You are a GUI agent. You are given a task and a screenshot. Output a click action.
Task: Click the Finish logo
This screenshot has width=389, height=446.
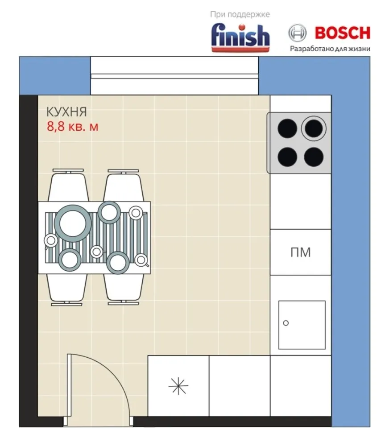(x=240, y=38)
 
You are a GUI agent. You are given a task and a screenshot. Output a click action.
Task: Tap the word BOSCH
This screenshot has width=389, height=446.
(x=342, y=33)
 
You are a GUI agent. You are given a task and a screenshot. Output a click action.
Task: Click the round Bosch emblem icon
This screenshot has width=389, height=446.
(x=298, y=33)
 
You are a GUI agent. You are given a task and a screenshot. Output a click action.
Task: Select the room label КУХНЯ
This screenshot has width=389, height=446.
(x=66, y=112)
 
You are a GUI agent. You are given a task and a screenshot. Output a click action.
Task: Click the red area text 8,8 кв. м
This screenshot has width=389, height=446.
(x=73, y=127)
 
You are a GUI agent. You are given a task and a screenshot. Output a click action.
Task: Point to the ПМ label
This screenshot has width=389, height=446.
(x=301, y=252)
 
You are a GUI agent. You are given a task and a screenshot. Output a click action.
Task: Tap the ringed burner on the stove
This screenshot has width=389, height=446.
(x=314, y=128)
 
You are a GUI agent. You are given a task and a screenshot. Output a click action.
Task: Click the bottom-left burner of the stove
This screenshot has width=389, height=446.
(x=287, y=157)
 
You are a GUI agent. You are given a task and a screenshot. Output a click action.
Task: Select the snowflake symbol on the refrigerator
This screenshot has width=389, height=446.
(x=178, y=386)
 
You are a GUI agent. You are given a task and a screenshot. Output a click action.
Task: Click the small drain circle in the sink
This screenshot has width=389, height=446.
(x=286, y=323)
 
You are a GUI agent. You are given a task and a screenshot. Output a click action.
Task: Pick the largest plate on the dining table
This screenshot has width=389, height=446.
(x=73, y=223)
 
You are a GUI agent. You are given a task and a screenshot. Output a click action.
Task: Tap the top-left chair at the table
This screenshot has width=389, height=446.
(x=68, y=186)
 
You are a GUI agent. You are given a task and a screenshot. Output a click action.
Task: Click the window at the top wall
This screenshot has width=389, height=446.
(x=174, y=76)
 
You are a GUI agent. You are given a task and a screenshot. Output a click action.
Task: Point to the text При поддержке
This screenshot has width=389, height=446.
(x=240, y=14)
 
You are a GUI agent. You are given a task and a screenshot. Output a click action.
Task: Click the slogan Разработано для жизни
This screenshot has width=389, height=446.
(x=330, y=49)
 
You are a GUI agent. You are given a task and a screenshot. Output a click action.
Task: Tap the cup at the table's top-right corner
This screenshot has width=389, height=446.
(x=136, y=213)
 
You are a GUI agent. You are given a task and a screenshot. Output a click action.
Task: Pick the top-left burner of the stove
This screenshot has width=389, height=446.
(x=287, y=128)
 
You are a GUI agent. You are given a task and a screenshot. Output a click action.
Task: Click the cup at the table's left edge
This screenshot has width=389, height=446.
(x=51, y=241)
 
